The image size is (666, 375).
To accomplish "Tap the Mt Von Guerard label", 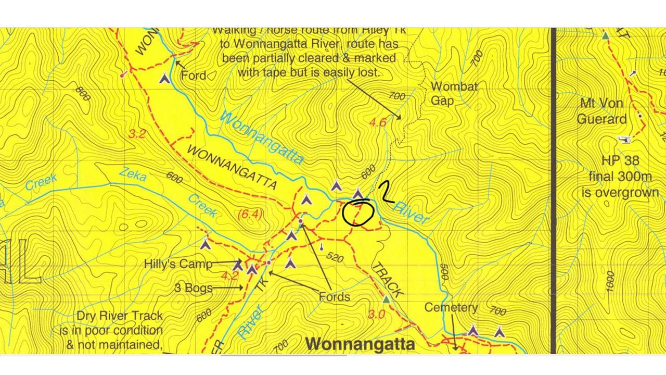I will (x=601, y=111).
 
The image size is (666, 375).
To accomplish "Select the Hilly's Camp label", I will (x=178, y=264).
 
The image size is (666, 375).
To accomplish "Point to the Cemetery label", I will (x=451, y=307).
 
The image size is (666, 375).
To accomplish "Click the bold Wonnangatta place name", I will (x=360, y=344).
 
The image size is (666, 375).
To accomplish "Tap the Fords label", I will (x=334, y=297).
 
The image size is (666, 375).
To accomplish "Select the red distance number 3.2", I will (x=136, y=134).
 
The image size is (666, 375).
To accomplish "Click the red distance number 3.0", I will (x=376, y=314).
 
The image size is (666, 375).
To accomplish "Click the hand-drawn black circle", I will (x=358, y=213).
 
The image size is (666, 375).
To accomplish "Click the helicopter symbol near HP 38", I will (x=623, y=140).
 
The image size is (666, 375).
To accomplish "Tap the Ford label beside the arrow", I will (x=193, y=75).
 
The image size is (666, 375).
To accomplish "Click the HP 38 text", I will (x=620, y=160).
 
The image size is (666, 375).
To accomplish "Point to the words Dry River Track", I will (x=119, y=316).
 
